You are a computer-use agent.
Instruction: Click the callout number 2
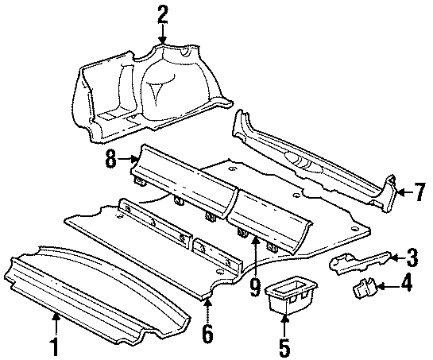tap(162, 14)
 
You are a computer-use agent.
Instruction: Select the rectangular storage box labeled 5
tap(289, 296)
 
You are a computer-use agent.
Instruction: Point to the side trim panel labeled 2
tap(151, 87)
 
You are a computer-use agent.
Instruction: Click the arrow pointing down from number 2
tap(162, 33)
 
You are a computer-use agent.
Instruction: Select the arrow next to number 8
tap(129, 160)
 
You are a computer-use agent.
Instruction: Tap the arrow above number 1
tap(56, 322)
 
